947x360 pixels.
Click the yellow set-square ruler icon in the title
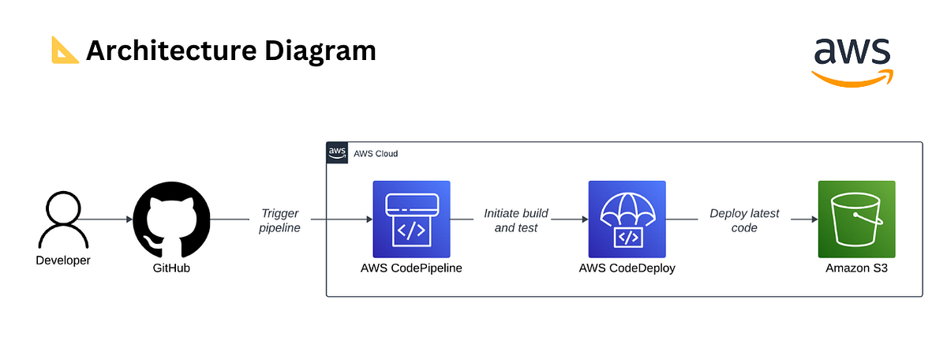(x=64, y=51)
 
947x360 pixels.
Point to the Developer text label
(x=63, y=261)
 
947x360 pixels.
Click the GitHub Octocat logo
(x=172, y=219)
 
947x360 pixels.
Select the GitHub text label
(x=172, y=268)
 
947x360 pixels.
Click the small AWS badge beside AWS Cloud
(x=337, y=152)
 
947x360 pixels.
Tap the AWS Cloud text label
(x=376, y=153)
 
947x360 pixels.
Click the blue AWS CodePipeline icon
(x=411, y=219)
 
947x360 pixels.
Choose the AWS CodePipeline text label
(x=411, y=268)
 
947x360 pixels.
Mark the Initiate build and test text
(x=516, y=220)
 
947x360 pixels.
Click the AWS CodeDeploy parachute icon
(x=627, y=219)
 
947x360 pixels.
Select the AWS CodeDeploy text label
(x=627, y=268)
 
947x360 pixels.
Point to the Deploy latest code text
(x=744, y=220)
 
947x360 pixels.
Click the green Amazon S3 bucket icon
(x=856, y=219)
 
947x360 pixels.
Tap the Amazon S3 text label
(x=856, y=268)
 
